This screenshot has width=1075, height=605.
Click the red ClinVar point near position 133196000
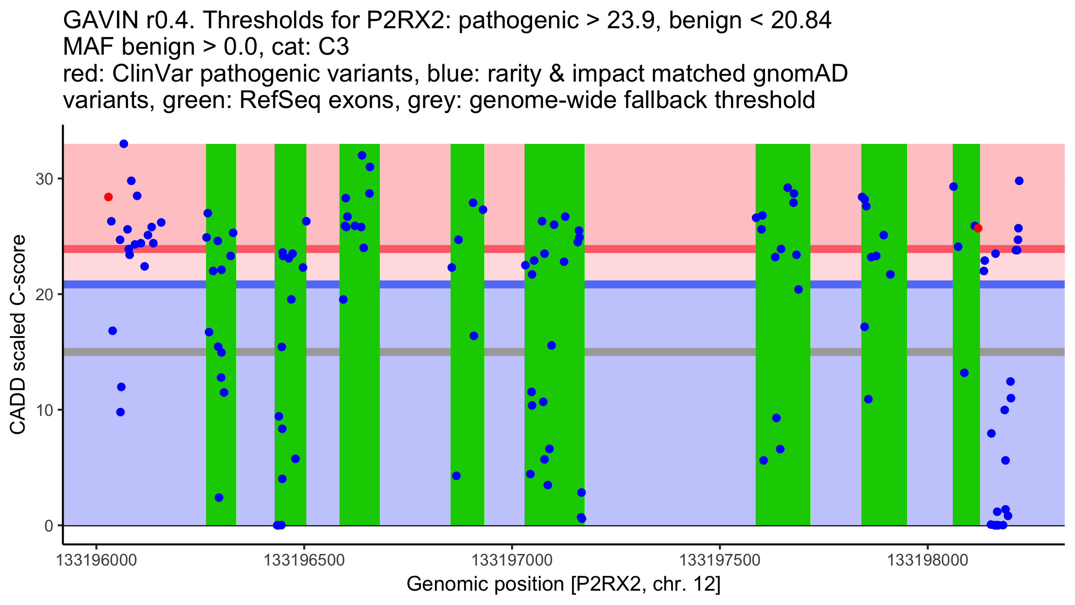point(108,197)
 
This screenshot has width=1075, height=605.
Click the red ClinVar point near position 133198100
point(978,228)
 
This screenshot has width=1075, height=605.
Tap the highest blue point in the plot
point(124,144)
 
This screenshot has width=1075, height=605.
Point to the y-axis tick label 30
point(44,179)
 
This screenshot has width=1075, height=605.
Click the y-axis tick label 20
point(44,294)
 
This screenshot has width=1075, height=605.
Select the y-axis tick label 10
point(44,410)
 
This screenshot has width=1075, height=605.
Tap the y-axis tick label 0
point(48,526)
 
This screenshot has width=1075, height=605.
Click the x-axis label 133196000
point(96,561)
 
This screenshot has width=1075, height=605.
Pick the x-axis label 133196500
point(304,561)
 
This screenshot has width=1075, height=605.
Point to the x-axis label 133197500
point(719,561)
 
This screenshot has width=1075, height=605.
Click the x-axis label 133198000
point(927,561)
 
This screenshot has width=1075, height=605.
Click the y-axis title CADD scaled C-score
point(18,335)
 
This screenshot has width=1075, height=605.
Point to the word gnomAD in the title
point(800,74)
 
